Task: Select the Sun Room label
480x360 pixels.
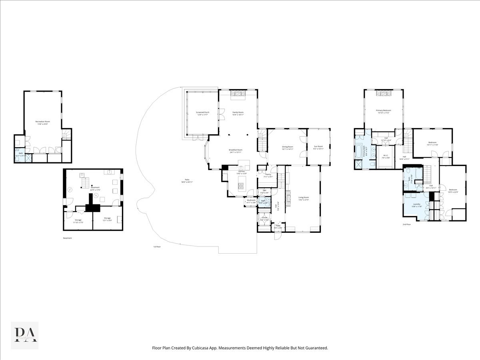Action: [x=318, y=147]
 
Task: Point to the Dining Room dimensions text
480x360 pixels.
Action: [x=288, y=149]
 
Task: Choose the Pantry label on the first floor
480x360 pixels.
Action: [x=268, y=174]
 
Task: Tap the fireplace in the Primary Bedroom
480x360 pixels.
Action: [x=383, y=94]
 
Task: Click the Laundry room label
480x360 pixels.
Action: [x=417, y=204]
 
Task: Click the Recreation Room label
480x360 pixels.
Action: [x=42, y=121]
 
